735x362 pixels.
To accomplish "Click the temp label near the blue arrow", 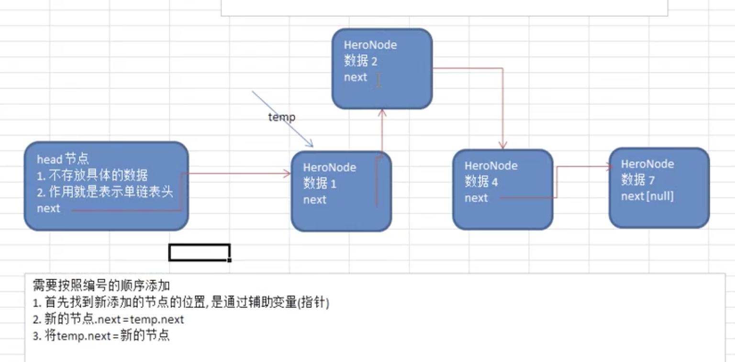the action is [281, 117].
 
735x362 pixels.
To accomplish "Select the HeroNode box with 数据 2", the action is [382, 68].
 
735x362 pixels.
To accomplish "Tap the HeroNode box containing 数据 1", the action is [341, 191].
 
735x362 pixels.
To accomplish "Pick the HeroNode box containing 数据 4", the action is [503, 190].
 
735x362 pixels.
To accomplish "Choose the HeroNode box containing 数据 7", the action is [659, 188].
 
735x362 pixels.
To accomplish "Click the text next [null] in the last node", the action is [647, 196].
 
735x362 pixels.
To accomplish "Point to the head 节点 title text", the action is [63, 159].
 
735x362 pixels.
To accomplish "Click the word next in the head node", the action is [48, 209].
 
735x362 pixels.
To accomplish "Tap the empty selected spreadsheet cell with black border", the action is [200, 253].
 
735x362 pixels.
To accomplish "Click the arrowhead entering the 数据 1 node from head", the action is [287, 174].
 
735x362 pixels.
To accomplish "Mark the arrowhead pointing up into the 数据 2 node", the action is [381, 113].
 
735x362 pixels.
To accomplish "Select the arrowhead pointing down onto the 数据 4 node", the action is [503, 145].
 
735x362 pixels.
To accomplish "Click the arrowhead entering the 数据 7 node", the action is [609, 167].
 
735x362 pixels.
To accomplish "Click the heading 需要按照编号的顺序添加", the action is [101, 285].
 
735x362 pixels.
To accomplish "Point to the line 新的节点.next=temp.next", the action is [108, 319].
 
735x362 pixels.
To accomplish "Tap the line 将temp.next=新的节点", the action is [101, 336].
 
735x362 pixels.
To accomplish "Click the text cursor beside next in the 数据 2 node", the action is [379, 80].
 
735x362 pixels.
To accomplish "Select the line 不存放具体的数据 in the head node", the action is [92, 176].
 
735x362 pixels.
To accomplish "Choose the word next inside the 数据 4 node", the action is [476, 198].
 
